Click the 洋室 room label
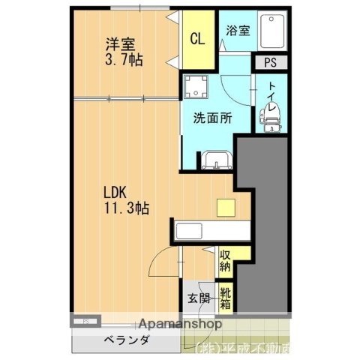119,43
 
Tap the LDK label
116,192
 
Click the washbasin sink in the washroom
214,160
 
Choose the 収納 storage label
226,260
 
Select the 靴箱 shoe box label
225,297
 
